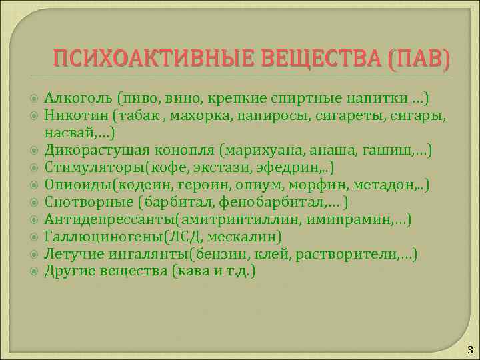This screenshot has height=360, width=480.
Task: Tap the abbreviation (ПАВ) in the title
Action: pyautogui.click(x=417, y=61)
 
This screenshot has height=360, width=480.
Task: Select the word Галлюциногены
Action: pyautogui.click(x=93, y=237)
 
